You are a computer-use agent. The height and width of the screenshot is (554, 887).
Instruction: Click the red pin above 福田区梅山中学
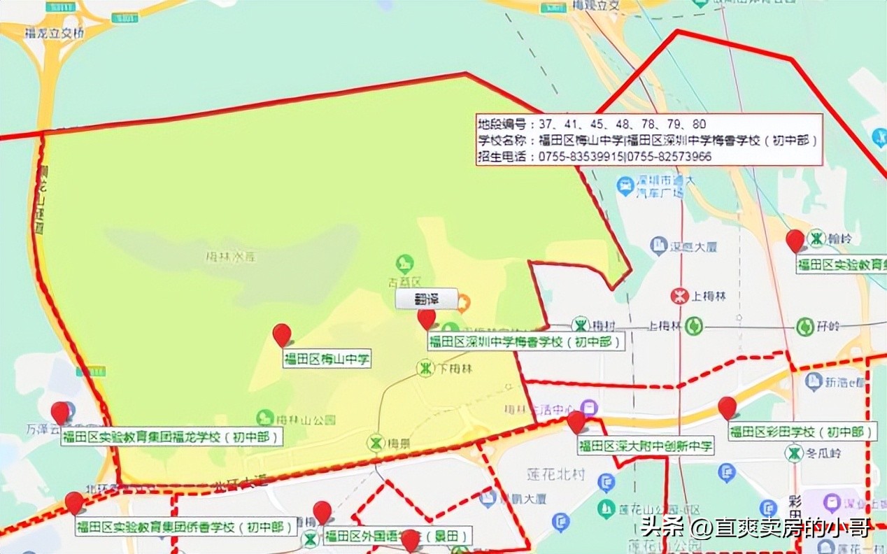point(282,334)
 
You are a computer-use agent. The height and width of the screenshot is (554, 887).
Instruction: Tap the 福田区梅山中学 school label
point(327,360)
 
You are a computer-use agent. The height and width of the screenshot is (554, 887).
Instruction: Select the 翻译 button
point(426,299)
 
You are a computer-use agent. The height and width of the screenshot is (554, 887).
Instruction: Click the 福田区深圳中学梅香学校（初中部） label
point(525,342)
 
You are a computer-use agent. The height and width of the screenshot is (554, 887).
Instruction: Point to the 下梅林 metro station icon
point(425,368)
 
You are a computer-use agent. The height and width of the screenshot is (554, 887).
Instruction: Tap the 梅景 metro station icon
point(377,443)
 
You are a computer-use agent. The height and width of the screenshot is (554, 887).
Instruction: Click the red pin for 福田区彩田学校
point(728,407)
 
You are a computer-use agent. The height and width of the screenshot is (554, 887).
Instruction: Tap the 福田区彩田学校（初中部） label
point(802,432)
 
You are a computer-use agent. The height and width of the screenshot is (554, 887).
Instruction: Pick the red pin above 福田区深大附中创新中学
point(576,422)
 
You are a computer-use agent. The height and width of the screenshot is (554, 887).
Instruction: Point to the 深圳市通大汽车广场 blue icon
point(625,186)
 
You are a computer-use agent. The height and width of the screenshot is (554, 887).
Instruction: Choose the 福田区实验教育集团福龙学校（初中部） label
point(172,438)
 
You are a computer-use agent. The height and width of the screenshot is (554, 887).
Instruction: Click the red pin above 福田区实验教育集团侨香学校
point(74,502)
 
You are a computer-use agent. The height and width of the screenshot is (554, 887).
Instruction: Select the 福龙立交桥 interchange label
point(53,32)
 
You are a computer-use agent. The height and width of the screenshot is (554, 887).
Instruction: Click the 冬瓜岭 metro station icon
point(794,454)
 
